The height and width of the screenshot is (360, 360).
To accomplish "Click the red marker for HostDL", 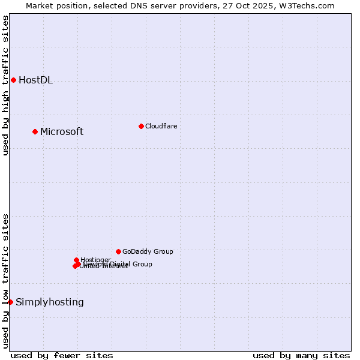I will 13,80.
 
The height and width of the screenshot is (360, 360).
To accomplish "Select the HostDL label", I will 35,80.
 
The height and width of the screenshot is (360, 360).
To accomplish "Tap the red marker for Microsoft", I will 35,131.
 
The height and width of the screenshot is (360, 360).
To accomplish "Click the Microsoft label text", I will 61,132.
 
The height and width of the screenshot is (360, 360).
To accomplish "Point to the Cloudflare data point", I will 141,126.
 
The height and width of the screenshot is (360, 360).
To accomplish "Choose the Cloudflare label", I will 161,126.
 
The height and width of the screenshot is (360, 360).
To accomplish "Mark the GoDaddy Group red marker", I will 118,251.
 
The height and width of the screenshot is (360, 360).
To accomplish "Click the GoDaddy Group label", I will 148,252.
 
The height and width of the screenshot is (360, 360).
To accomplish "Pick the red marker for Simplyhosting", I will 10,302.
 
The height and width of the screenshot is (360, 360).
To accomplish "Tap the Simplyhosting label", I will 49,302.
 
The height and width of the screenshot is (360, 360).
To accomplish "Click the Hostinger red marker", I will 76,260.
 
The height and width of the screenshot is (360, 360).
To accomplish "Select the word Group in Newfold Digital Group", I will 142,264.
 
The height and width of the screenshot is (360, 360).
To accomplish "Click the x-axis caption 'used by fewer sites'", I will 62,355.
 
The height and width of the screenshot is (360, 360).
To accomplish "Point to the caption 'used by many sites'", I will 301,355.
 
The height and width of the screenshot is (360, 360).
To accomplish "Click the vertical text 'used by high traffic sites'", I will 5,85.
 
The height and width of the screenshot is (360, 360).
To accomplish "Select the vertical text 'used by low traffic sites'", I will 5,281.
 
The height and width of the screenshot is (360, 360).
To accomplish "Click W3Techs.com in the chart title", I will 310,5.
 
